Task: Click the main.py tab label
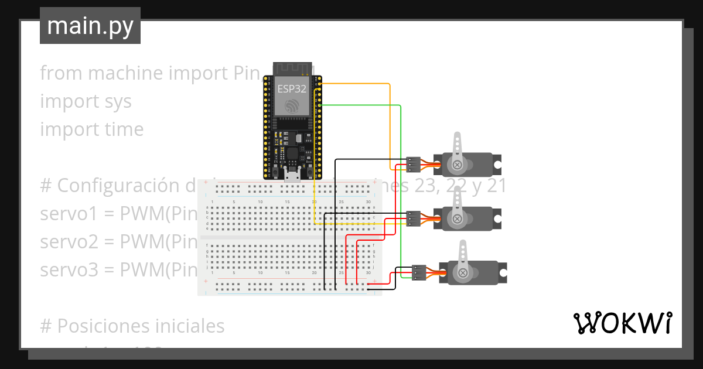click(90, 26)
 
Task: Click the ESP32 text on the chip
click(291, 88)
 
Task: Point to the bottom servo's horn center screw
click(463, 272)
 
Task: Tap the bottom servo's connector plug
click(419, 272)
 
